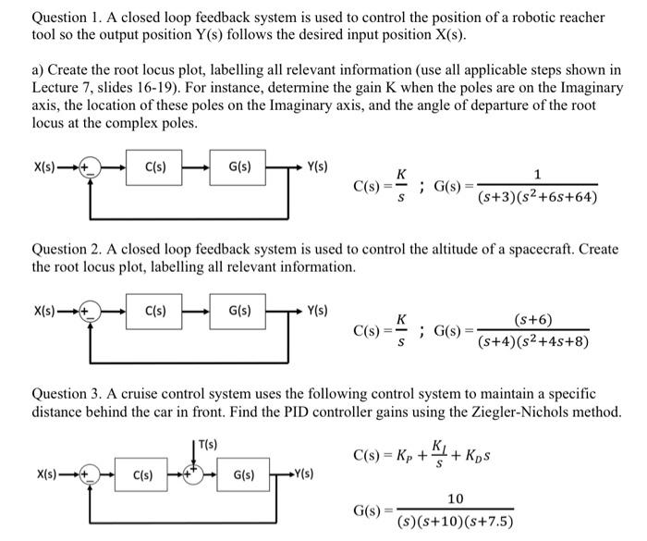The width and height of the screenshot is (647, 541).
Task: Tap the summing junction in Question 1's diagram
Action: pyautogui.click(x=90, y=168)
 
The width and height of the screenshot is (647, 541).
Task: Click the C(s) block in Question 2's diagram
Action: pyautogui.click(x=154, y=311)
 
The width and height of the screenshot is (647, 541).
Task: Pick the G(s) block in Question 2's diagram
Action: pyautogui.click(x=237, y=311)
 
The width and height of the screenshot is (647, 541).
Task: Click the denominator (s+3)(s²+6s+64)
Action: pyautogui.click(x=537, y=197)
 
